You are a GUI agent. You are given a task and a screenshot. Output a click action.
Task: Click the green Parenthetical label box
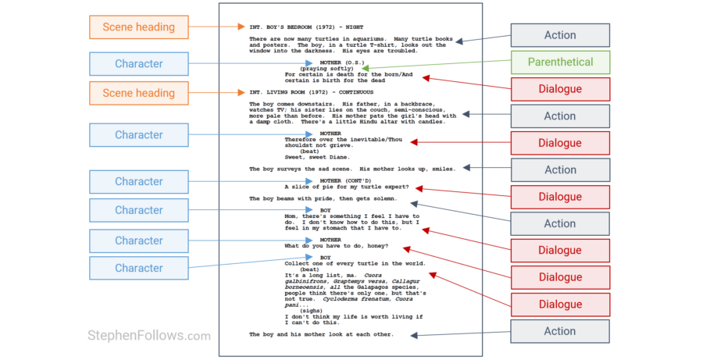560,62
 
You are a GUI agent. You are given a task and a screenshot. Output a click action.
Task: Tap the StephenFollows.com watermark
149,335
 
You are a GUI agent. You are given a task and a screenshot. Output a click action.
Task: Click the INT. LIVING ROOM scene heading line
311,92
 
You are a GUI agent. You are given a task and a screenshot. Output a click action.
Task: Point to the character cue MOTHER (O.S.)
342,62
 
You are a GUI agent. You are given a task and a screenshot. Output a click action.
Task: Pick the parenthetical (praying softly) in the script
327,69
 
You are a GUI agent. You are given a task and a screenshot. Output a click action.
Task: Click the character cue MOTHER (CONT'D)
346,181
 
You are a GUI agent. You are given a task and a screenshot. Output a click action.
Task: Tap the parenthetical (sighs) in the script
311,311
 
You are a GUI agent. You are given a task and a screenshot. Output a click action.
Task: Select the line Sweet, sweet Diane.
317,158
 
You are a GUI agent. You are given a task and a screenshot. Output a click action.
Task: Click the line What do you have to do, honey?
336,246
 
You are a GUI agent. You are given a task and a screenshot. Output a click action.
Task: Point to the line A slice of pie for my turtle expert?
347,187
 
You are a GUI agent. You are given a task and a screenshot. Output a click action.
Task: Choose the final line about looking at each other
322,334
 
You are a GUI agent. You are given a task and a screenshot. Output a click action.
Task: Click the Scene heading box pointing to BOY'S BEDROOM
139,27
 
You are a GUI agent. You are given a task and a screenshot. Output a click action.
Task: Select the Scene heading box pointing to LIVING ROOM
139,93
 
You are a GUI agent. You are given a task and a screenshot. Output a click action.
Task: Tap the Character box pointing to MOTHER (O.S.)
139,64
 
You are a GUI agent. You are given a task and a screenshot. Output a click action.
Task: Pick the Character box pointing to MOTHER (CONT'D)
139,182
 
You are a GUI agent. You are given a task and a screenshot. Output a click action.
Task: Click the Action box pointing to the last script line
560,331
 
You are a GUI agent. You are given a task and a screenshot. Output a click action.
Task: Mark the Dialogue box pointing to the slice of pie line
560,197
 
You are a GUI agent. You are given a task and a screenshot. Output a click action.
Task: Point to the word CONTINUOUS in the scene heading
356,92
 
